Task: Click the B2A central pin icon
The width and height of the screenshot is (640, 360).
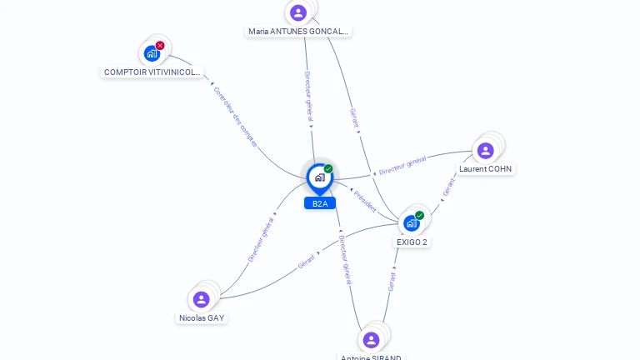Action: coord(319,177)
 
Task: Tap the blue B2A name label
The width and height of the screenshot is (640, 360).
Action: coord(320,203)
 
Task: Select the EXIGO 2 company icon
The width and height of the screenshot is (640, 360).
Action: coord(412,222)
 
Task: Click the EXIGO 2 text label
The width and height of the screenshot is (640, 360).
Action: coord(412,242)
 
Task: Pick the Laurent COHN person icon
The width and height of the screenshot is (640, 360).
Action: coord(485,151)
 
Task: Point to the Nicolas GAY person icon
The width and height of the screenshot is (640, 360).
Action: coord(201,299)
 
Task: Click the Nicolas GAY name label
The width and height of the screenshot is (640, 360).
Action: coord(202,318)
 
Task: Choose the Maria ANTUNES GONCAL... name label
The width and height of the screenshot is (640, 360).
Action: coord(298,32)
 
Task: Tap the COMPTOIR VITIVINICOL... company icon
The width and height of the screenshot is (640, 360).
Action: coord(152,53)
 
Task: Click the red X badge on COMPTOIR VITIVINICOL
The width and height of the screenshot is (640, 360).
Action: coord(160,46)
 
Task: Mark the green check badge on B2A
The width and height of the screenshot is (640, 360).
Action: coord(328,168)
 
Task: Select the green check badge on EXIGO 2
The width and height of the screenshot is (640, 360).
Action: coord(420,215)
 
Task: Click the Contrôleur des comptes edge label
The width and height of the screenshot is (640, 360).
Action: coord(235,117)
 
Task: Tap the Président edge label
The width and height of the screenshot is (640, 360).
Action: coord(365,200)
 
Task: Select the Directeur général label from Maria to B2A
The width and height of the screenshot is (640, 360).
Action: coord(307,97)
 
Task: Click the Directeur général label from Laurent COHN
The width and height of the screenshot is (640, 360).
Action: coord(402,165)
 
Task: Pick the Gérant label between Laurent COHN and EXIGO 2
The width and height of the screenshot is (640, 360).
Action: coord(449,188)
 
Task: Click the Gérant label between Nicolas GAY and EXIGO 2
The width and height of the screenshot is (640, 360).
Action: coord(307,261)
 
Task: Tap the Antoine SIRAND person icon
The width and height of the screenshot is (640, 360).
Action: coord(372,339)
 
